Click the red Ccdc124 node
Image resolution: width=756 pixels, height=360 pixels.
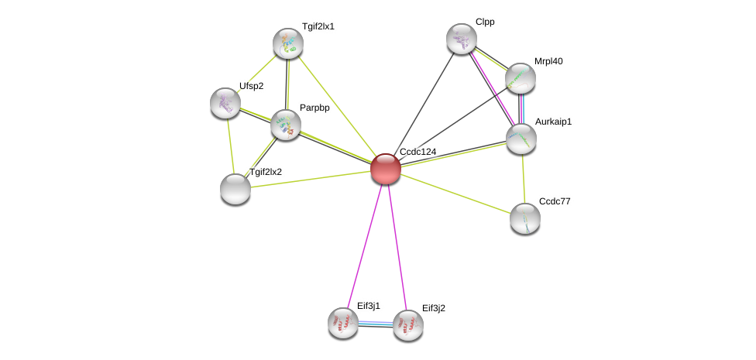pos(385,168)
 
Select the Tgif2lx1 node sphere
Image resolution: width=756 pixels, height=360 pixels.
pos(288,43)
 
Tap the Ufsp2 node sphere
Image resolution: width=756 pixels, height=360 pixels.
pos(225,103)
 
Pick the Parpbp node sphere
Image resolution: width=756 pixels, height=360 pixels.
pos(285,124)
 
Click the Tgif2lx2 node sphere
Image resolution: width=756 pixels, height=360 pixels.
pos(235,188)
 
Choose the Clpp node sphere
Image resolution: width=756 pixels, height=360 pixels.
pos(462,39)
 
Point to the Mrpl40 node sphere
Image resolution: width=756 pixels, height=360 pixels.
pos(521,77)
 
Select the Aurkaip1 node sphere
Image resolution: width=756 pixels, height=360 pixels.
pos(521,139)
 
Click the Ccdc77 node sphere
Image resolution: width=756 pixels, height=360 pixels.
pos(525,218)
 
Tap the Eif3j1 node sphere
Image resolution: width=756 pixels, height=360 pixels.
pos(343,323)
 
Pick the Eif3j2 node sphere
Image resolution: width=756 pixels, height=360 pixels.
pos(408,325)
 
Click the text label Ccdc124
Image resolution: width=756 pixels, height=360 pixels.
pos(418,152)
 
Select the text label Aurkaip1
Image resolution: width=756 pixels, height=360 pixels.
pos(553,122)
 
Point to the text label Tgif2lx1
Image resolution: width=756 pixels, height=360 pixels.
pos(318,26)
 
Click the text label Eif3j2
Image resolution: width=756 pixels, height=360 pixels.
pos(433,308)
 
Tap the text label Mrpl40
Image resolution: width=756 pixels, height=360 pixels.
pos(548,61)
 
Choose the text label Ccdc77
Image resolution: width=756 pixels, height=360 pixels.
pos(555,201)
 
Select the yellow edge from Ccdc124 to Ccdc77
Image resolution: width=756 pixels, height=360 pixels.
pos(455,193)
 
